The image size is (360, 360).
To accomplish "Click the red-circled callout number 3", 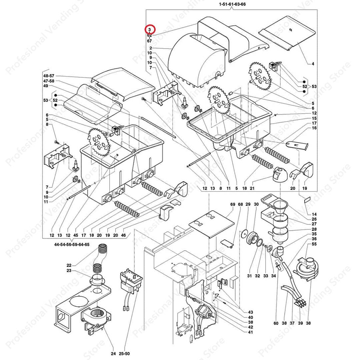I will click(149, 29).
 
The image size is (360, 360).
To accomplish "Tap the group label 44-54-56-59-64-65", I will click(72, 244).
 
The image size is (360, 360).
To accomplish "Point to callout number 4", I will click(313, 63).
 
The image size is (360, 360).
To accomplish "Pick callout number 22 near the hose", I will click(69, 265).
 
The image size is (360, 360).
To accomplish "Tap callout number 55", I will click(314, 244).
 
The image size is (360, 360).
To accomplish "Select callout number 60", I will click(276, 323).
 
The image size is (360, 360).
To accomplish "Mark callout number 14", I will click(314, 214).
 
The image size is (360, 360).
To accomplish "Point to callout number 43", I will click(250, 312).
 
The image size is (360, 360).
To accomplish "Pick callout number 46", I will click(123, 235).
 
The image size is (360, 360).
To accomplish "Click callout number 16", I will click(314, 128).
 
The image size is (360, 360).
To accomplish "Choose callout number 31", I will click(249, 276).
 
